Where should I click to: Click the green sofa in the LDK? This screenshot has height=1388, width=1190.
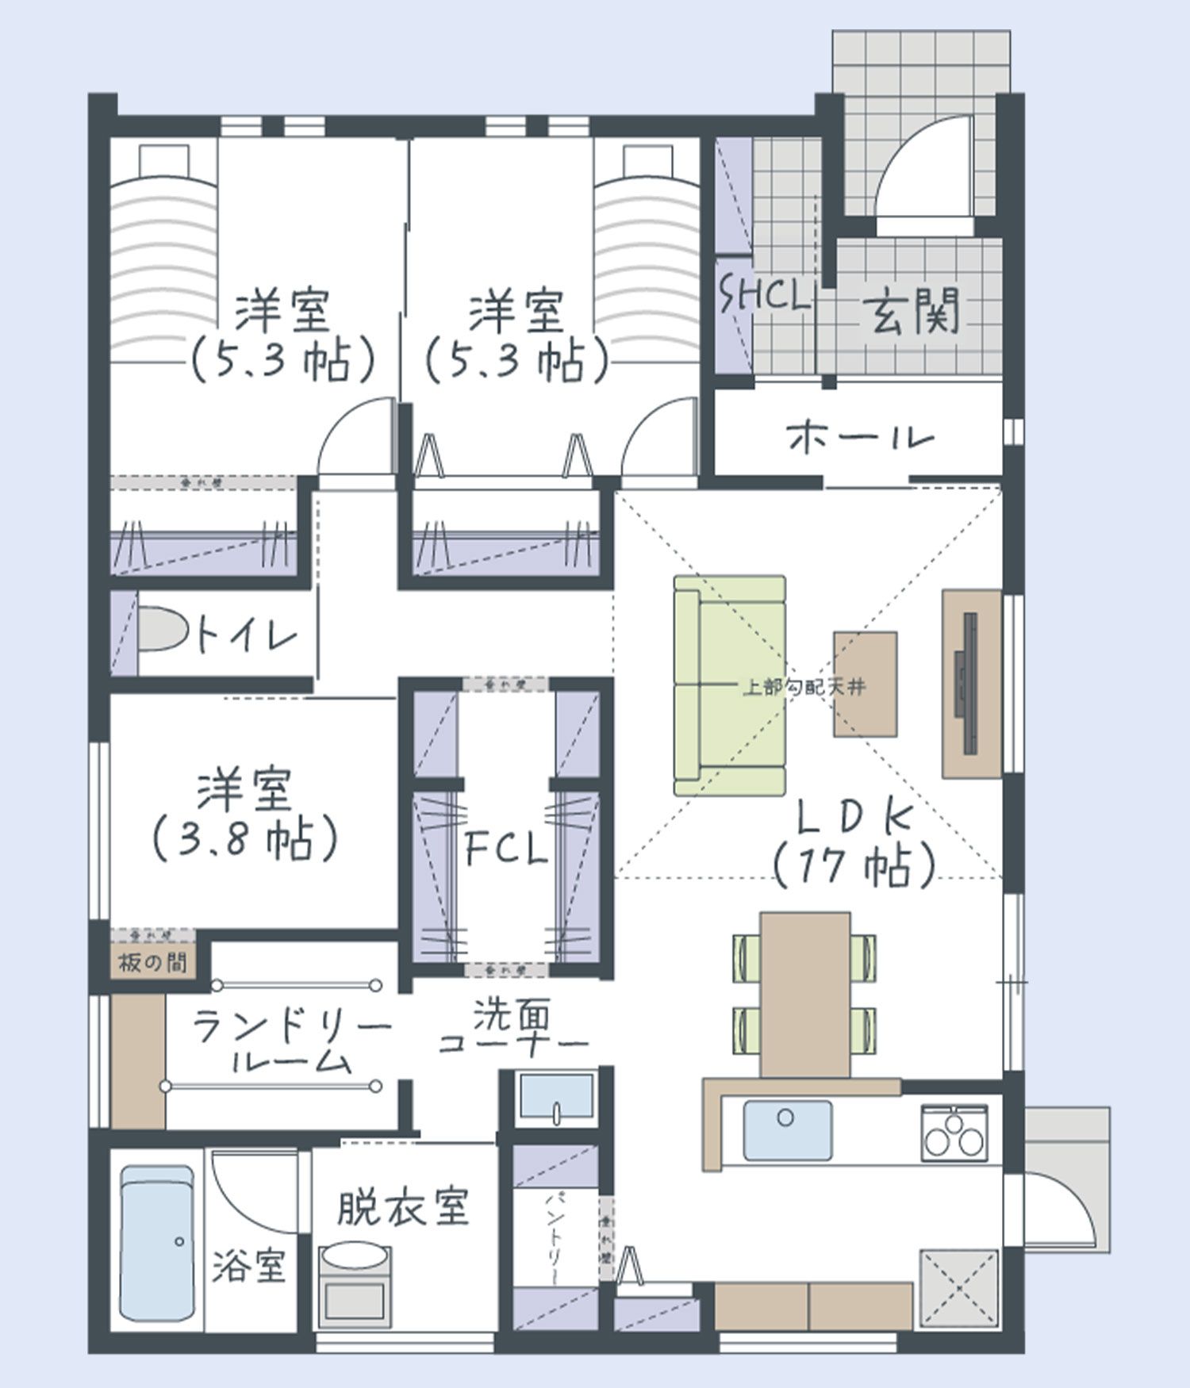pos(728,686)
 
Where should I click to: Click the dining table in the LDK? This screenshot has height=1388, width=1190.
pos(804,995)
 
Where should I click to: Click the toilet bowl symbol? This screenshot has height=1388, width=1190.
pos(162,631)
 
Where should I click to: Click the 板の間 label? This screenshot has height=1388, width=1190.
pos(153,963)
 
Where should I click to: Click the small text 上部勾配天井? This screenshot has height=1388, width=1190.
pos(803,687)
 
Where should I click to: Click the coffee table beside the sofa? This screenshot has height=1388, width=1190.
pos(865,684)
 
